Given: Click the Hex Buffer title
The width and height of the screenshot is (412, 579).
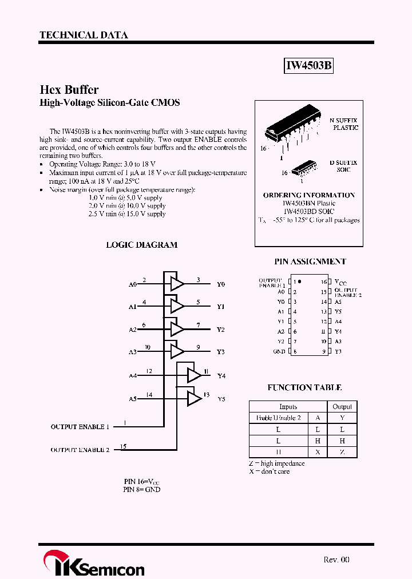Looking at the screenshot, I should click(x=69, y=90).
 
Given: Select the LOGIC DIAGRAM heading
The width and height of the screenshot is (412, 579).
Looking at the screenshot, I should click(x=141, y=245).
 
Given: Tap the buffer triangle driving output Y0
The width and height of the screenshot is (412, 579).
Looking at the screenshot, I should click(x=177, y=284).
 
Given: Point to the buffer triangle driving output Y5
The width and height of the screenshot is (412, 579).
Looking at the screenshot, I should click(x=194, y=398).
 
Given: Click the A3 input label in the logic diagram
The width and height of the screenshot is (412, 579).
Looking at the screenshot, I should click(x=133, y=352).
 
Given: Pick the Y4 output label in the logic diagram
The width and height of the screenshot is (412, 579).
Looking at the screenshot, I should click(x=221, y=376).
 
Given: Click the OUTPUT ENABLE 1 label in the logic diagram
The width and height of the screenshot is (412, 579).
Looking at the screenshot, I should click(x=80, y=427).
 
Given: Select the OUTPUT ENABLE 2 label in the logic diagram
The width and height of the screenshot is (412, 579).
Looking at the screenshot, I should click(x=80, y=450).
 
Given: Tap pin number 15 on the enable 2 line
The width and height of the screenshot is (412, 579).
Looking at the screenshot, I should click(x=123, y=446).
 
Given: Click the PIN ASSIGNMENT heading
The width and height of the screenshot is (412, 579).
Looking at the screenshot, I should click(x=310, y=261).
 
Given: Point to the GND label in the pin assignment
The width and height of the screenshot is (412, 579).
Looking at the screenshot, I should click(x=279, y=351).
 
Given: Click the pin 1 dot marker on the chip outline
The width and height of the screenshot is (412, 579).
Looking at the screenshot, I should click(x=300, y=281).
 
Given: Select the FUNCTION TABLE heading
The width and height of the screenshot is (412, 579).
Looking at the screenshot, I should click(x=304, y=388).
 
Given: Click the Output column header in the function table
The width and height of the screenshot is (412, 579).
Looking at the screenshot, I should click(x=342, y=407).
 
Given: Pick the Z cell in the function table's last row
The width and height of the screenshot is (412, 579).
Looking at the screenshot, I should click(x=342, y=452).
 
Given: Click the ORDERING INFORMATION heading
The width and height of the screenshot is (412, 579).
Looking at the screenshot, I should click(x=308, y=195).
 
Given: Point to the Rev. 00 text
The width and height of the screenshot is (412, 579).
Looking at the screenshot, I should click(x=336, y=560).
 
